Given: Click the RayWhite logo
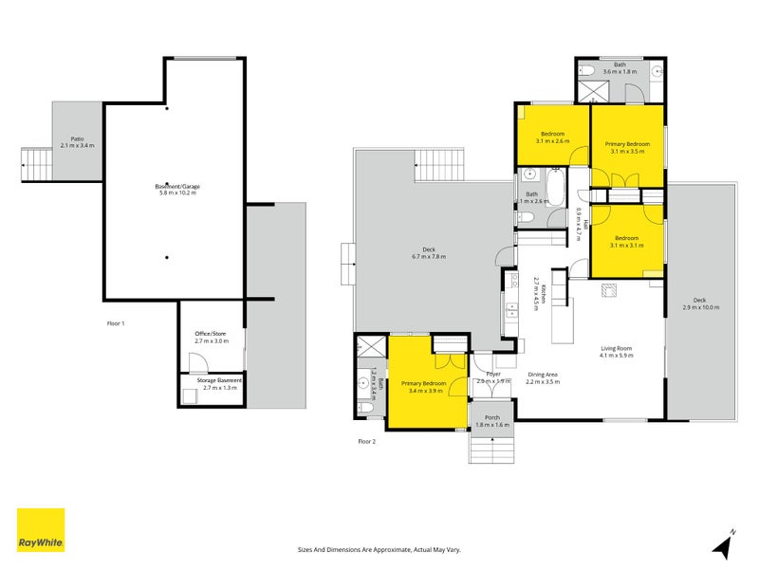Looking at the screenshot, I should pyautogui.click(x=41, y=530).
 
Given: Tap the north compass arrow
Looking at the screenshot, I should pyautogui.click(x=724, y=545).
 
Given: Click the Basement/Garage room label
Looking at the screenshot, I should pyautogui.click(x=177, y=190).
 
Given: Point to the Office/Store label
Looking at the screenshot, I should pyautogui.click(x=210, y=338).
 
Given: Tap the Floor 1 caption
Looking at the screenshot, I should pyautogui.click(x=116, y=323).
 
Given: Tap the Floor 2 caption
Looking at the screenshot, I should pyautogui.click(x=366, y=441).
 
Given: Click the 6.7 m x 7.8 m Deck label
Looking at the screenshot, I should pyautogui.click(x=428, y=252).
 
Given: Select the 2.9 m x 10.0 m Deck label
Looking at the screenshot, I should pyautogui.click(x=700, y=303).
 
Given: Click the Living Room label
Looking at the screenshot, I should pyautogui.click(x=616, y=352).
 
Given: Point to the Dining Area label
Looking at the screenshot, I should pyautogui.click(x=543, y=377).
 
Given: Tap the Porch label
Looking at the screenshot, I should pyautogui.click(x=492, y=421).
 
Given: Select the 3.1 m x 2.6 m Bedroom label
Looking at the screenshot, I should pyautogui.click(x=552, y=138).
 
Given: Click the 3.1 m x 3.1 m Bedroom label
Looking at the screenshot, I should pyautogui.click(x=627, y=241).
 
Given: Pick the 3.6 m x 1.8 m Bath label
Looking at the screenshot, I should pyautogui.click(x=619, y=68).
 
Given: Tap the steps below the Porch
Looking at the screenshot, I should pyautogui.click(x=492, y=447).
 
